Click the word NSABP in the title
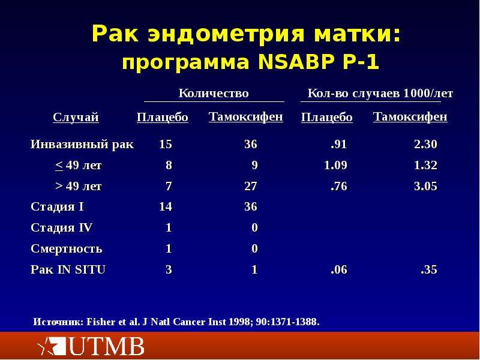[x=296, y=62]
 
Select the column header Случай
[x=76, y=117]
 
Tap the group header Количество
[x=214, y=93]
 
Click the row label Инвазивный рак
[x=82, y=144]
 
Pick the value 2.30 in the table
[x=425, y=144]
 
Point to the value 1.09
[x=335, y=165]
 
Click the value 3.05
[x=425, y=186]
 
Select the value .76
[x=339, y=186]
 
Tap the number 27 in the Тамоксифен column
[x=251, y=186]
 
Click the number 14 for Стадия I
[x=166, y=206]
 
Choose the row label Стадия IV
[x=61, y=227]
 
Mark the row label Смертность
[x=66, y=248]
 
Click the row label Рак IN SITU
[x=68, y=269]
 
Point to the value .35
[x=429, y=269]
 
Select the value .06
[x=339, y=269]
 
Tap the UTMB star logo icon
[x=51, y=346]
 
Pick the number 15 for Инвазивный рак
[x=166, y=144]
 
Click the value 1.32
[x=425, y=165]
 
